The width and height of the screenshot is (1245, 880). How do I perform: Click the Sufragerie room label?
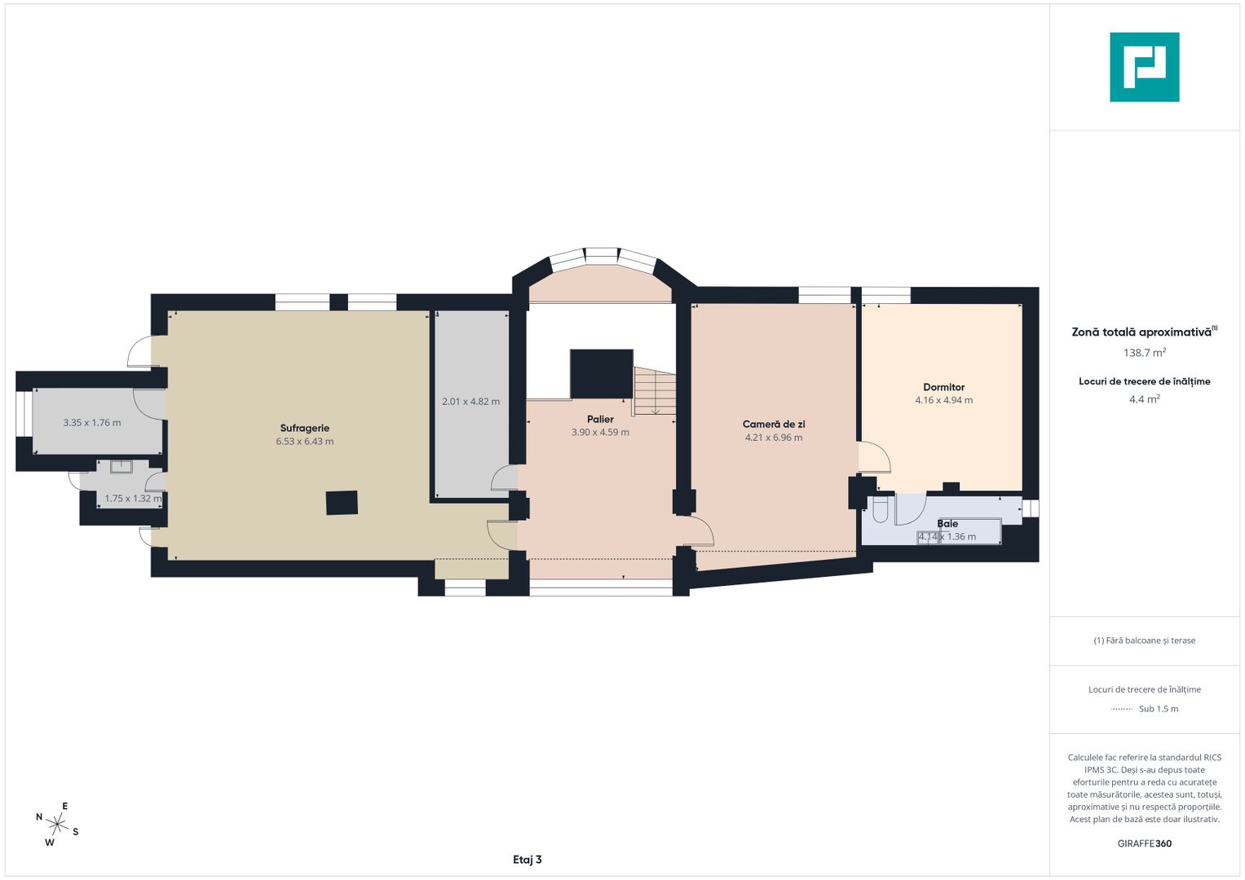tap(305, 428)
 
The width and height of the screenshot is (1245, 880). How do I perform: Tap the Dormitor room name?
tap(944, 387)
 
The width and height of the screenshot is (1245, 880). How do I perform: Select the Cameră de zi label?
tap(774, 424)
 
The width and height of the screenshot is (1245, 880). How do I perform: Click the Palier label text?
tap(600, 419)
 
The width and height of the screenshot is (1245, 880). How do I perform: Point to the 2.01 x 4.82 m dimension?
tap(470, 401)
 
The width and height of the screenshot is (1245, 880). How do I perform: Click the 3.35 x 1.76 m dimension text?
tap(91, 422)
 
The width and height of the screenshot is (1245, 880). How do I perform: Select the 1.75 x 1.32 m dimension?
tap(134, 499)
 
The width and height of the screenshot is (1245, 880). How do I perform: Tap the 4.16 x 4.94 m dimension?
tap(944, 400)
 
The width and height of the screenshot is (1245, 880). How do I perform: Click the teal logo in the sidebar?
tap(1145, 67)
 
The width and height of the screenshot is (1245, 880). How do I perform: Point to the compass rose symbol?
tap(57, 824)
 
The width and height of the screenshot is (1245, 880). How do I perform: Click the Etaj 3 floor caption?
tap(527, 860)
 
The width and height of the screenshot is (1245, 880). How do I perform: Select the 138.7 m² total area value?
tap(1145, 352)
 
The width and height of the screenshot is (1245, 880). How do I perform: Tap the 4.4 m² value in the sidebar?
tap(1145, 399)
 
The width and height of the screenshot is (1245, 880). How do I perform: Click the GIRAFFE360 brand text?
tap(1145, 843)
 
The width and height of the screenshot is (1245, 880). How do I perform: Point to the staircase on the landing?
tap(655, 391)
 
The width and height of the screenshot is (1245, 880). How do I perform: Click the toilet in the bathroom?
tap(880, 509)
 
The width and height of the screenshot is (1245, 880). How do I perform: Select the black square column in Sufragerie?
tap(342, 503)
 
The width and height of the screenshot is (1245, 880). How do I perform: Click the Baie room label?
tap(947, 523)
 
